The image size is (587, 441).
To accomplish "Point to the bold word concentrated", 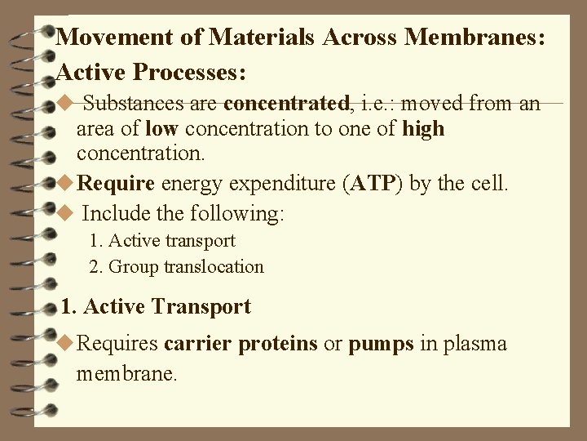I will click(x=286, y=104).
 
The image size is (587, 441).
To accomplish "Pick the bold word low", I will click(x=159, y=129).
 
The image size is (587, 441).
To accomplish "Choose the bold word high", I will click(x=423, y=129).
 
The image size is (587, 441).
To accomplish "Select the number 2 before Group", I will click(x=94, y=266).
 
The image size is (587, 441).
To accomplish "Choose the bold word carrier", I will click(x=198, y=345).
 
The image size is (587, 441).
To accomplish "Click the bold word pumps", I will click(x=382, y=345).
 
